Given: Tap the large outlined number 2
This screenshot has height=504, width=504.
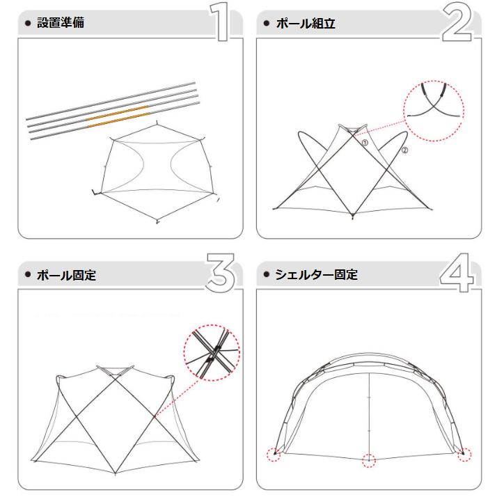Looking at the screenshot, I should tap(457, 25).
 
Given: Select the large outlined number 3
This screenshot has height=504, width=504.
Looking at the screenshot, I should tap(222, 273).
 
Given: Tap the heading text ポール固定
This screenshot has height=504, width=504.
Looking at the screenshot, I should tap(66, 275).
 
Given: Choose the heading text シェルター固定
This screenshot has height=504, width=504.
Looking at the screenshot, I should tap(316, 274).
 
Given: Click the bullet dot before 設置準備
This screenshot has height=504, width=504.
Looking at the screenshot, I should tap(28, 23).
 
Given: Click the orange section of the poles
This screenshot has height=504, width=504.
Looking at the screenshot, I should tap(118, 116).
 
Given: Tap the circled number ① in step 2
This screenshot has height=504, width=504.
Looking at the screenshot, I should tap(364, 142).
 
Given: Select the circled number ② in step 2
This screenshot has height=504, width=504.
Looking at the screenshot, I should tap(404, 150).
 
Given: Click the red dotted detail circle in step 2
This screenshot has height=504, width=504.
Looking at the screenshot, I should tap(434, 111).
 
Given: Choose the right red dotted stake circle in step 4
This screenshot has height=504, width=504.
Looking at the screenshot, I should tap(462, 455).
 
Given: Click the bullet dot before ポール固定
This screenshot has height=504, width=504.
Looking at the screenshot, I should tap(28, 275).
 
